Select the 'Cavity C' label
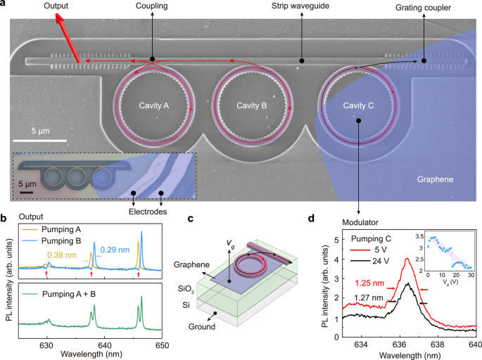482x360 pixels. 359,105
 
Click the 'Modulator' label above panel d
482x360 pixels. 360,212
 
